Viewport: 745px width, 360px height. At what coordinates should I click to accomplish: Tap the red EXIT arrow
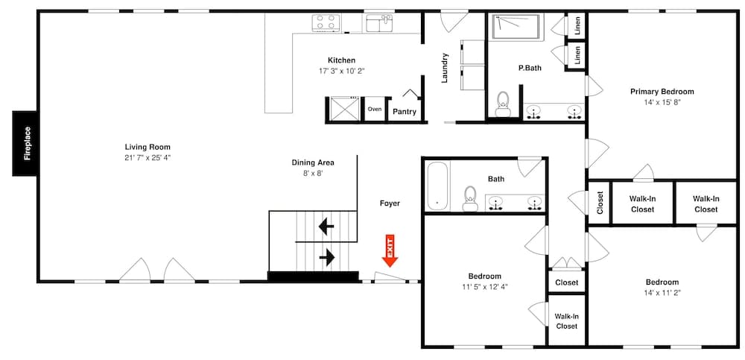390,251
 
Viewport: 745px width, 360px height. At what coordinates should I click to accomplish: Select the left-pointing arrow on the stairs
326,224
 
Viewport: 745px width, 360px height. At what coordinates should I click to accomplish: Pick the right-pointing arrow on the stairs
326,258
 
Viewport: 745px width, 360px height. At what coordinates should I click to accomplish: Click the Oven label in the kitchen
374,110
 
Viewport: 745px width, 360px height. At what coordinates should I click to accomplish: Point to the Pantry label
405,112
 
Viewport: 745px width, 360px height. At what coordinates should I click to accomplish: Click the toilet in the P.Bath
502,103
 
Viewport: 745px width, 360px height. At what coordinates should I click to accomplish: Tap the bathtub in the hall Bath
437,186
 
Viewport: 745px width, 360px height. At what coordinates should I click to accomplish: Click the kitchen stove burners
326,22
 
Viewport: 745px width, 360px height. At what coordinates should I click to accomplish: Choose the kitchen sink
382,24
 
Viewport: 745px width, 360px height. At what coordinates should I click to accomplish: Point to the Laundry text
445,67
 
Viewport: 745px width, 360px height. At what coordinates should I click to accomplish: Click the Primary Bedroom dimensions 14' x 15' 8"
662,102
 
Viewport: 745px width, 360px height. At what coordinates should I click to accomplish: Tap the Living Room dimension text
148,158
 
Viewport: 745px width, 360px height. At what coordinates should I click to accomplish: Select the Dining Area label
312,162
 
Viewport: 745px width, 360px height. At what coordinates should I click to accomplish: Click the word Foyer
390,203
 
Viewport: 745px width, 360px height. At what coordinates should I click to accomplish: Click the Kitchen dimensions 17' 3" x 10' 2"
341,71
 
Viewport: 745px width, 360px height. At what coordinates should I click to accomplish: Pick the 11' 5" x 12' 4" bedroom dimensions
484,286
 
